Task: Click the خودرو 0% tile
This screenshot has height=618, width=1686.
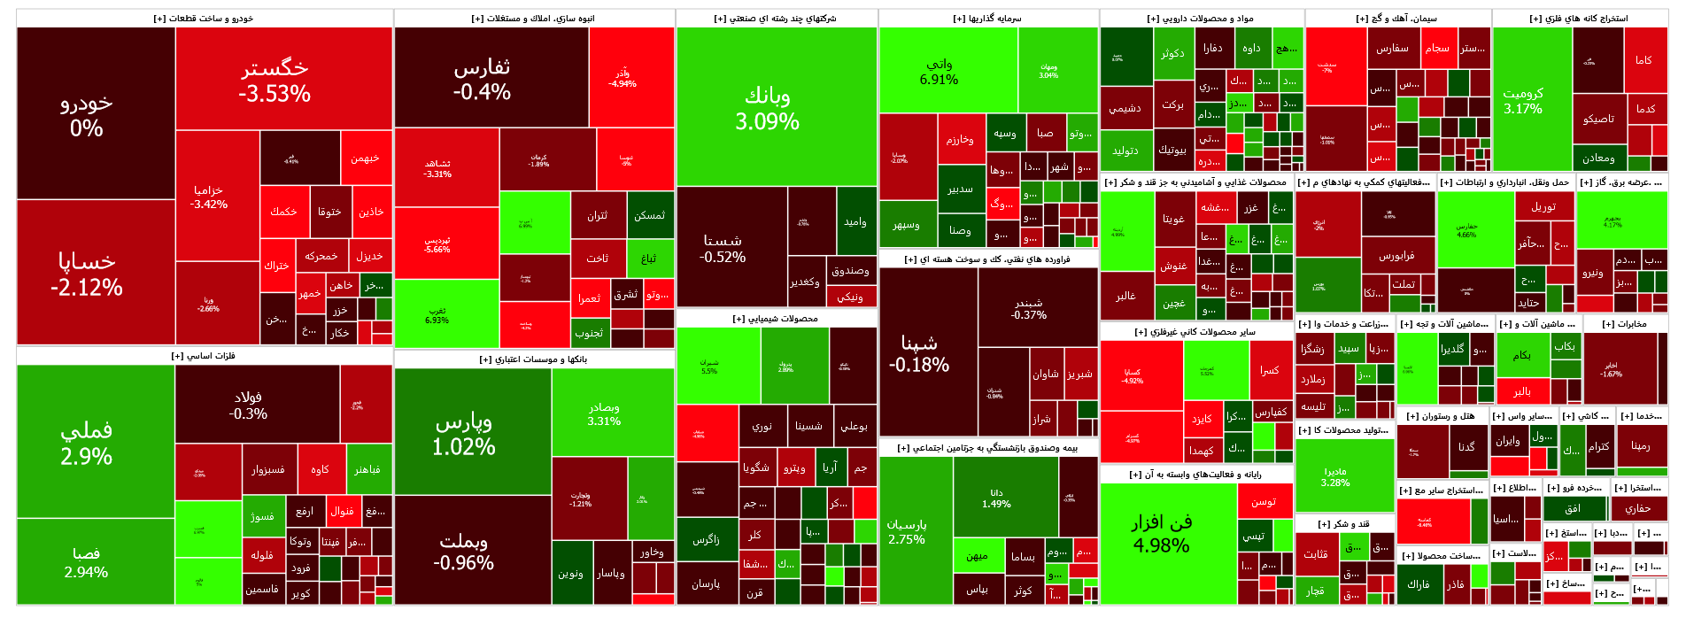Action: pyautogui.click(x=87, y=115)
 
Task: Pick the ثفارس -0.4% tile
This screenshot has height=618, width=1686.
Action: pyautogui.click(x=482, y=79)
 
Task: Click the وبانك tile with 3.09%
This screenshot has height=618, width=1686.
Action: pyautogui.click(x=767, y=108)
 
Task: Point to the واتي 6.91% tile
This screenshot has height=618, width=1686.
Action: pyautogui.click(x=939, y=71)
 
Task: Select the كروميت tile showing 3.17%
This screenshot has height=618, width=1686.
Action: pyautogui.click(x=1523, y=100)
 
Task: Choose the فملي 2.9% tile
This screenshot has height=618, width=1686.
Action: pyautogui.click(x=87, y=443)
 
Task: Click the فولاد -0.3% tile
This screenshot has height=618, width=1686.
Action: pyautogui.click(x=248, y=405)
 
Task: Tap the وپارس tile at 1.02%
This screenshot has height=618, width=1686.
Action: pyautogui.click(x=463, y=434)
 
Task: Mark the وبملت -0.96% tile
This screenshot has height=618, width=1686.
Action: pyautogui.click(x=463, y=551)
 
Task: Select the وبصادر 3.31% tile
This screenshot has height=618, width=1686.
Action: pyautogui.click(x=604, y=413)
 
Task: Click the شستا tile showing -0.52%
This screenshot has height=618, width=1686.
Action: pyautogui.click(x=723, y=248)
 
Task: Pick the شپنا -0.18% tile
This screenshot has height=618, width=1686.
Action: pyautogui.click(x=919, y=352)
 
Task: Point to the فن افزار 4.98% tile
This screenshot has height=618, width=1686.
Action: pyautogui.click(x=1161, y=533)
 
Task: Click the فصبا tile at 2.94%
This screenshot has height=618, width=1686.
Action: pyautogui.click(x=87, y=562)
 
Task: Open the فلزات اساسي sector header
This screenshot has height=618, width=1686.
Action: pyautogui.click(x=204, y=356)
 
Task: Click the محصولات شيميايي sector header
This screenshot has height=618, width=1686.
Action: pyautogui.click(x=776, y=319)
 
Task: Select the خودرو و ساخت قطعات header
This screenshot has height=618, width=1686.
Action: pyautogui.click(x=204, y=19)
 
